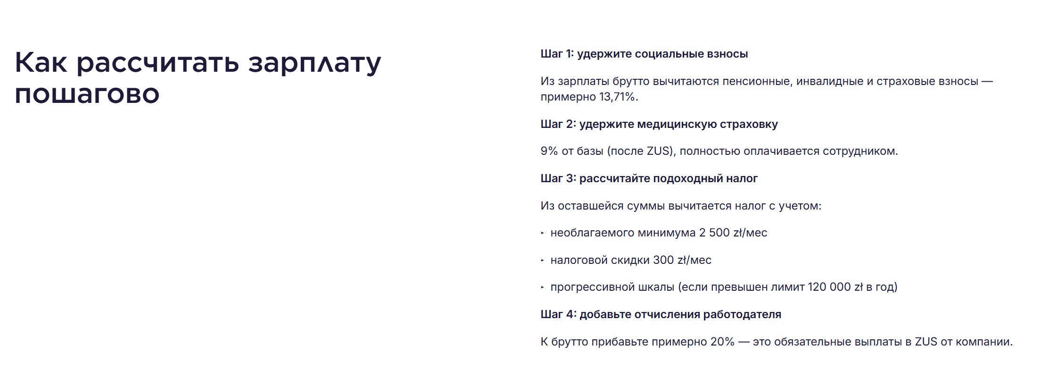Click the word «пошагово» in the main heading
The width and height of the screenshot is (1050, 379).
(x=87, y=93)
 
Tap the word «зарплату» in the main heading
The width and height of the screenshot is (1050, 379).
(x=314, y=63)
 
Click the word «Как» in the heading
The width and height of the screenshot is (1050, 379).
(x=41, y=62)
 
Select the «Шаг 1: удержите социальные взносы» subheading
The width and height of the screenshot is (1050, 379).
(x=644, y=54)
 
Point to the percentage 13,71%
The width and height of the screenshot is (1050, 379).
(x=617, y=97)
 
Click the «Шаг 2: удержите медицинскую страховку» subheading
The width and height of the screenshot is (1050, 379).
(x=659, y=124)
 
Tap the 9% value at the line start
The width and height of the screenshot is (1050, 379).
(x=549, y=151)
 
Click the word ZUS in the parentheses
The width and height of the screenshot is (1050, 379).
(x=659, y=151)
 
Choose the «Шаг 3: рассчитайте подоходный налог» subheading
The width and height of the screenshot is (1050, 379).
(x=649, y=178)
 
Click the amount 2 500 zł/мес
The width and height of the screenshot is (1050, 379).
(x=733, y=233)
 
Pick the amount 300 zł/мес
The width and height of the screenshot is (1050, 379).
(x=682, y=260)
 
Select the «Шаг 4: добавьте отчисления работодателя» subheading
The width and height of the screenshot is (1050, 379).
(x=661, y=314)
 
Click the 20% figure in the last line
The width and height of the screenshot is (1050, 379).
(x=722, y=342)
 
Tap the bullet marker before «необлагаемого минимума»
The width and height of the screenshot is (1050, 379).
(x=543, y=233)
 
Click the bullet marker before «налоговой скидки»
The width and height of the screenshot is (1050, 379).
(x=543, y=260)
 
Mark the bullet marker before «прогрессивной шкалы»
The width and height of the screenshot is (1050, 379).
(x=543, y=287)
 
